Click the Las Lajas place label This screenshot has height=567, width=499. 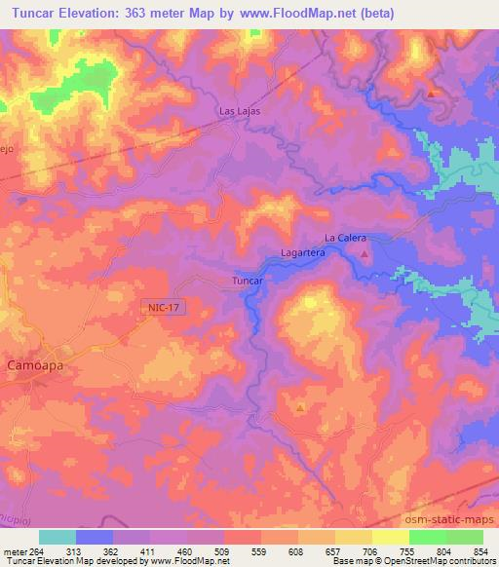(239, 111)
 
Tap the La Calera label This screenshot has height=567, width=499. (343, 238)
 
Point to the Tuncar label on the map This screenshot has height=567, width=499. (249, 281)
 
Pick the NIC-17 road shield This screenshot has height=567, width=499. (165, 306)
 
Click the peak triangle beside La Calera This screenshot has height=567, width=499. (365, 255)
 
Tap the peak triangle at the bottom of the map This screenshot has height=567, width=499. (300, 407)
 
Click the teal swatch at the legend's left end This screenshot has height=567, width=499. (58, 536)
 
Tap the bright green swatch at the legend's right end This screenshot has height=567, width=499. (464, 536)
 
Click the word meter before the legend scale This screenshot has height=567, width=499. (15, 549)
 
